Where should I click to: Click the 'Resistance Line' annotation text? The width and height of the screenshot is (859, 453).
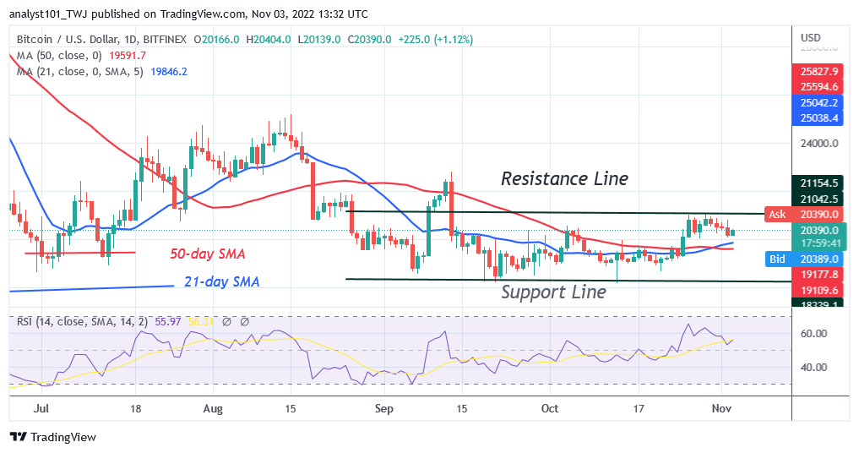click(564, 178)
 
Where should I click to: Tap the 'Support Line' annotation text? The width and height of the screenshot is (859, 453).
click(553, 292)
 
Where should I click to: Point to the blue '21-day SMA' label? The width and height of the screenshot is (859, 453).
click(221, 281)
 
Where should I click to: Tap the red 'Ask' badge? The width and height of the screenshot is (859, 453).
click(777, 214)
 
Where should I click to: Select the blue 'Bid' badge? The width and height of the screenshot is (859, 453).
click(777, 259)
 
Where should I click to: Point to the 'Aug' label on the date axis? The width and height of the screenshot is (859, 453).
click(214, 407)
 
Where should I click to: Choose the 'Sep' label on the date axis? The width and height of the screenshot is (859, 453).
click(383, 407)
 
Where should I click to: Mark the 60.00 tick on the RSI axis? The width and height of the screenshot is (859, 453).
click(814, 334)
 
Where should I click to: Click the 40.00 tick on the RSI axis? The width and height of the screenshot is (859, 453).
click(814, 368)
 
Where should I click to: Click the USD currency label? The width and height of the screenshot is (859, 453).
click(811, 38)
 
